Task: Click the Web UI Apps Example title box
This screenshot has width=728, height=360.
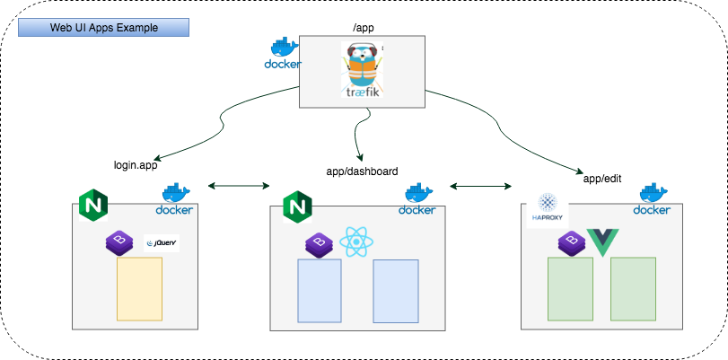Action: click(104, 28)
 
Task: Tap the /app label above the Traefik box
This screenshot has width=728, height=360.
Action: click(364, 28)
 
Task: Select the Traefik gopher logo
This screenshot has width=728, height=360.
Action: click(364, 70)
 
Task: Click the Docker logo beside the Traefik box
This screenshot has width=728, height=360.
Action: click(283, 54)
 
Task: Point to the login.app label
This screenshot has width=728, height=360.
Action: click(136, 165)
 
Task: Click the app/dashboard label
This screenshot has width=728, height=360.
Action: click(362, 171)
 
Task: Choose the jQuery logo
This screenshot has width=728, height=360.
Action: click(162, 242)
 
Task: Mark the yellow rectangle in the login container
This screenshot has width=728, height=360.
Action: click(139, 289)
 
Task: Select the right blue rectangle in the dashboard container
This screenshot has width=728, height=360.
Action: click(396, 291)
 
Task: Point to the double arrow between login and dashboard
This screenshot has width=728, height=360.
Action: click(239, 186)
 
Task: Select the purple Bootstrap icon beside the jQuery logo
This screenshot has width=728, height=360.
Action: click(119, 242)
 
